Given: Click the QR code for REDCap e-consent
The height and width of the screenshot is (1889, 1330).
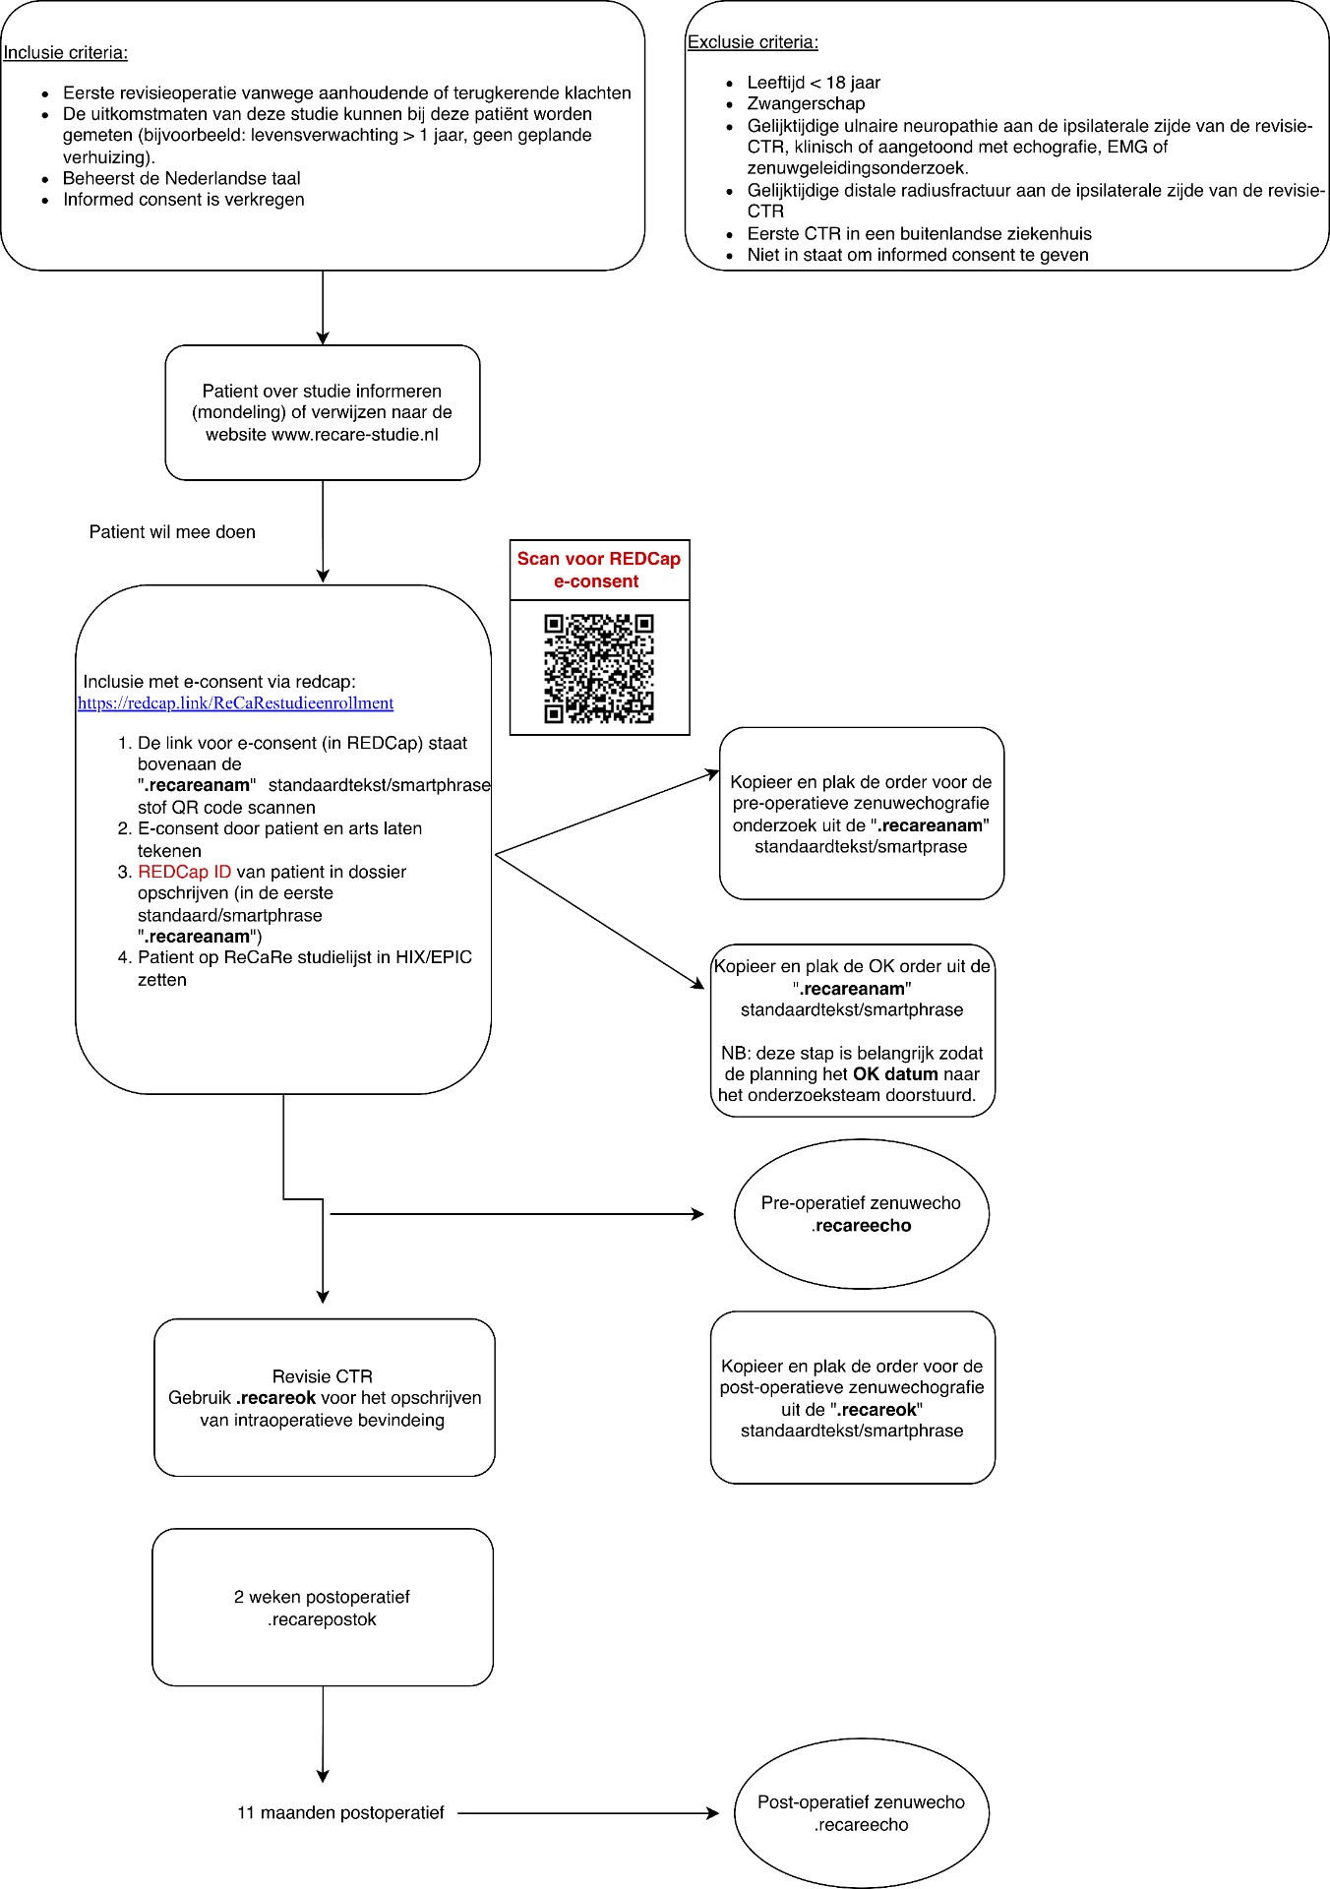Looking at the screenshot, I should (x=599, y=669).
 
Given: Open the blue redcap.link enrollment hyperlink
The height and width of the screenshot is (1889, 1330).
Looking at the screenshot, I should (x=235, y=703).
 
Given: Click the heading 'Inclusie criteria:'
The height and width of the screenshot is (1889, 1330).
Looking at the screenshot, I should (x=66, y=53).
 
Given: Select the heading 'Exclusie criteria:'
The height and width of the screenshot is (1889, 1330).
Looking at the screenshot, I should (x=753, y=42).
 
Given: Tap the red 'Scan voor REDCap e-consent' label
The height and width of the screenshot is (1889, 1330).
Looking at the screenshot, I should (x=599, y=570).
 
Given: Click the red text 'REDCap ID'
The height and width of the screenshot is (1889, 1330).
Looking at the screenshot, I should (x=185, y=872).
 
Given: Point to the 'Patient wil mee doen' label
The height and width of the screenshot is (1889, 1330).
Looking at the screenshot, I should (x=172, y=532).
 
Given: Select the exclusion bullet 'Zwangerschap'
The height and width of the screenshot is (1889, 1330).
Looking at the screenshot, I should (x=806, y=104).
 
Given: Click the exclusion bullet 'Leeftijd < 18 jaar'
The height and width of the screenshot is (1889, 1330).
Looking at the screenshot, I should (x=814, y=83).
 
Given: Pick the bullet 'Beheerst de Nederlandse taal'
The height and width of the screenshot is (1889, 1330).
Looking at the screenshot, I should (x=181, y=178).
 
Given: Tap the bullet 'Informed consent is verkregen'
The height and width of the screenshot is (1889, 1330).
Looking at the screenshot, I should (x=183, y=200).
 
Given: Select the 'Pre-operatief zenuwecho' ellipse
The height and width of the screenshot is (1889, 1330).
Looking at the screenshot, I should (x=861, y=1214).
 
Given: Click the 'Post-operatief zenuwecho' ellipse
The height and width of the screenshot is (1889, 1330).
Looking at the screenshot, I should (x=861, y=1813).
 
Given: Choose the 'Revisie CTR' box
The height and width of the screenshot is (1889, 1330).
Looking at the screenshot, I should (x=324, y=1397).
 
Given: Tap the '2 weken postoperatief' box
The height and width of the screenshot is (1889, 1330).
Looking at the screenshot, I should (x=322, y=1608).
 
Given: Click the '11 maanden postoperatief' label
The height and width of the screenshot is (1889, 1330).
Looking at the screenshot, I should (x=340, y=1813).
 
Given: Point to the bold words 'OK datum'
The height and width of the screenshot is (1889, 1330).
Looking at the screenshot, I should (x=895, y=1074).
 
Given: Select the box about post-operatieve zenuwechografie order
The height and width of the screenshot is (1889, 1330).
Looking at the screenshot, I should (x=852, y=1397).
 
